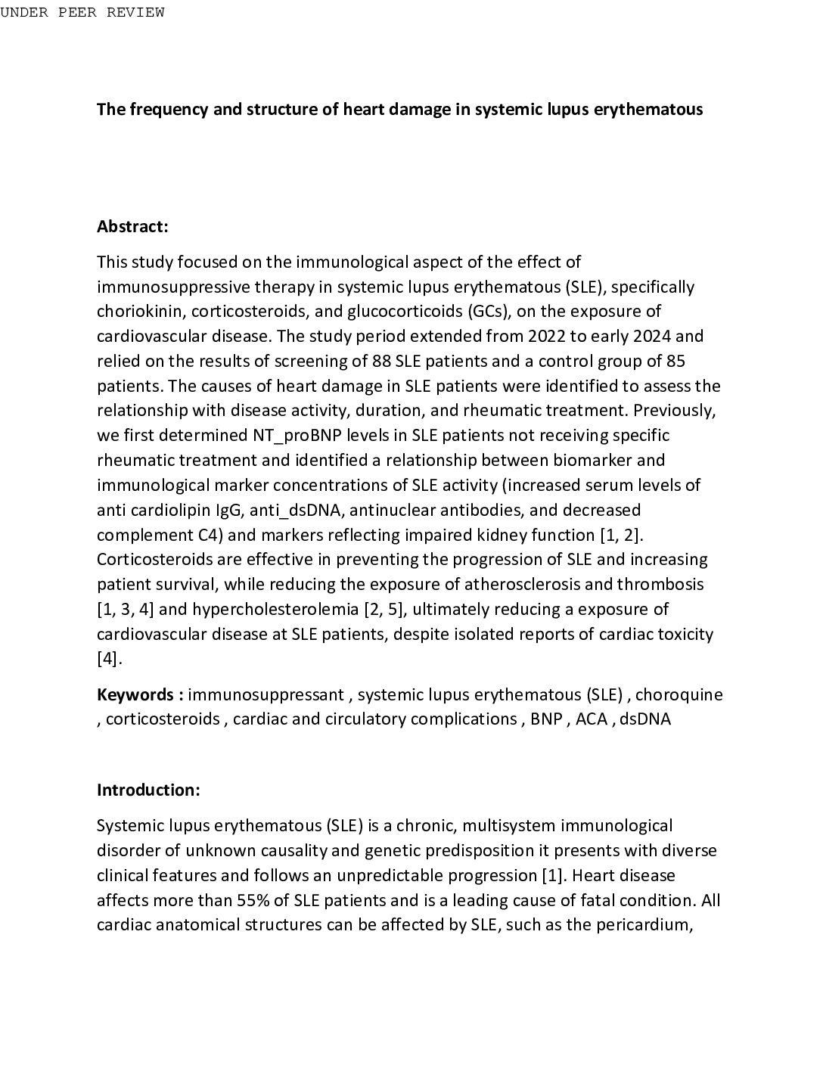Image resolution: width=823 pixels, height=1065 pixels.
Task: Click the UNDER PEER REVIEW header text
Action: tap(82, 12)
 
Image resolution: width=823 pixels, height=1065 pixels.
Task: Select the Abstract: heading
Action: tap(132, 226)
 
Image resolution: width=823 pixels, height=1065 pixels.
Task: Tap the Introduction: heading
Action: tap(148, 790)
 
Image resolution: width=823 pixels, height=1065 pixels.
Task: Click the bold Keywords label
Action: tap(140, 694)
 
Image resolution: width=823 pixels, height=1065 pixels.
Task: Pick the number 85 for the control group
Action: tap(676, 361)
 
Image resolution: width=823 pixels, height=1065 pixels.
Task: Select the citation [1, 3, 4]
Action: tap(126, 610)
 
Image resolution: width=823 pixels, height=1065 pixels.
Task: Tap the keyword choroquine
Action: tap(679, 694)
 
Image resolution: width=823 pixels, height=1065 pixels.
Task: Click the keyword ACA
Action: tap(592, 719)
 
